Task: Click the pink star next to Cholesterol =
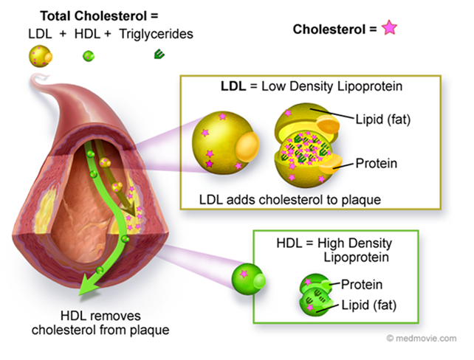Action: pyautogui.click(x=388, y=30)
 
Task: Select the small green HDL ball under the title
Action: pyautogui.click(x=88, y=55)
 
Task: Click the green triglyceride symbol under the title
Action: pyautogui.click(x=159, y=54)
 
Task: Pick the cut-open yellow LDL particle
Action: pyautogui.click(x=306, y=144)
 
